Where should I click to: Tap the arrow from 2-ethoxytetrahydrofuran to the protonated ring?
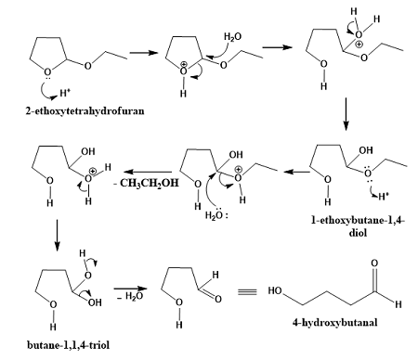(x=140, y=52)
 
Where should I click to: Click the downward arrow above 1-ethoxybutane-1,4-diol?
(x=358, y=110)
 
